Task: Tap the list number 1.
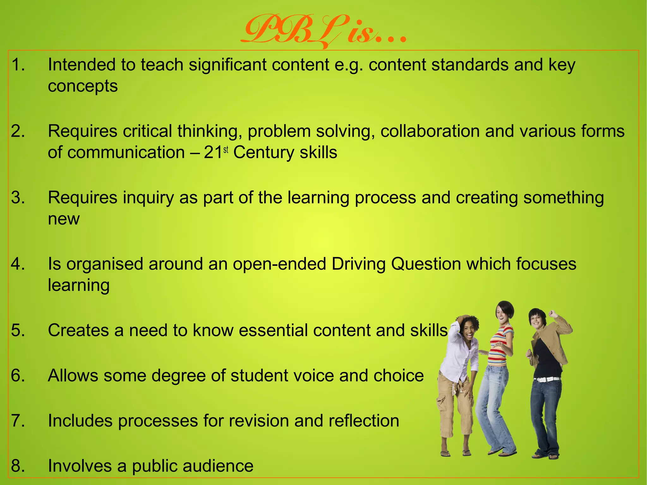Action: [18, 65]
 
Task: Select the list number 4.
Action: [18, 264]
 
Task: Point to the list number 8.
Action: [18, 466]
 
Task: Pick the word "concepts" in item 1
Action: [83, 87]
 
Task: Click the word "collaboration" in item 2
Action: [430, 131]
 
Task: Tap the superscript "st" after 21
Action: [226, 150]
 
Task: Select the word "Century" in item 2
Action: [264, 153]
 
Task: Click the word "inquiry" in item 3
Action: [148, 198]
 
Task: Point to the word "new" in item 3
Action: [63, 219]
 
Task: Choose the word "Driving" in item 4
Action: [359, 265]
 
